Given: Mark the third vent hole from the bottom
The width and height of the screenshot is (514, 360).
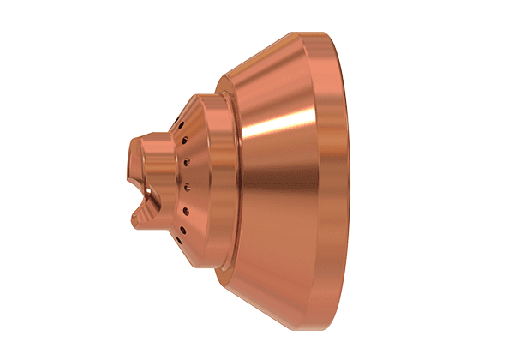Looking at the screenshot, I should coord(185,210).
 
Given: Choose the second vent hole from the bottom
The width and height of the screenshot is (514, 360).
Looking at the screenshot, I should coord(182,230).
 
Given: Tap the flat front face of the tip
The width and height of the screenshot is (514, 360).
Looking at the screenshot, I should coord(134,163).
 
